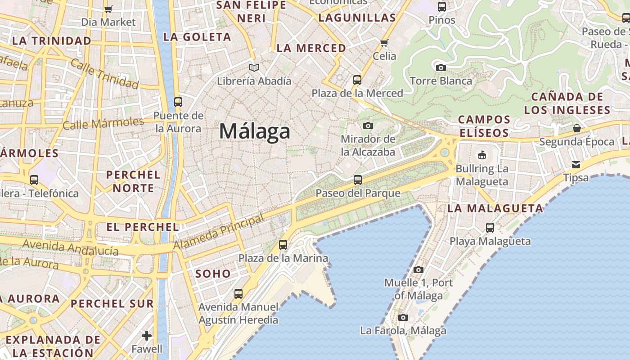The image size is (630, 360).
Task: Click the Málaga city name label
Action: (255, 131)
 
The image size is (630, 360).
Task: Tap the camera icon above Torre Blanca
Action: (441, 67)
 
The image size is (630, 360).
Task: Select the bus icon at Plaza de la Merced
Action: (357, 80)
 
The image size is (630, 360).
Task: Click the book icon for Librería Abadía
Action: (254, 67)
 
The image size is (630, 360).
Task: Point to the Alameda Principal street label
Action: (219, 232)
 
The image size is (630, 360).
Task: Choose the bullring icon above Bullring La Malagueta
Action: (482, 155)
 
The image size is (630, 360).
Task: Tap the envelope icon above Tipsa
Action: (576, 164)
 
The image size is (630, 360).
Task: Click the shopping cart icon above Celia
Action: (384, 43)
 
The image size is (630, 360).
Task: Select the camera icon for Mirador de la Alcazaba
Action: (368, 126)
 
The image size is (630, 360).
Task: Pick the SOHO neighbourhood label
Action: (213, 273)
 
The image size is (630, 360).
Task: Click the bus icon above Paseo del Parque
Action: (358, 180)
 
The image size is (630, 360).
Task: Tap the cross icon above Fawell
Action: (147, 336)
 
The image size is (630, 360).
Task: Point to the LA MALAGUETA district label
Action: (495, 208)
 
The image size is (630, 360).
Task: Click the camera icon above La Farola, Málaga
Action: (403, 317)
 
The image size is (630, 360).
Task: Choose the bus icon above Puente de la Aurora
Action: (178, 102)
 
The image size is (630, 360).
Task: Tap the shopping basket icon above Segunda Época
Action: (576, 128)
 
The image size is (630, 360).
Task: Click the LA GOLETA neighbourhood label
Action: (197, 37)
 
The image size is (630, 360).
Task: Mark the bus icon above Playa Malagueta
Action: (490, 228)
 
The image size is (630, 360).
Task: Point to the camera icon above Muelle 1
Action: (418, 270)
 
